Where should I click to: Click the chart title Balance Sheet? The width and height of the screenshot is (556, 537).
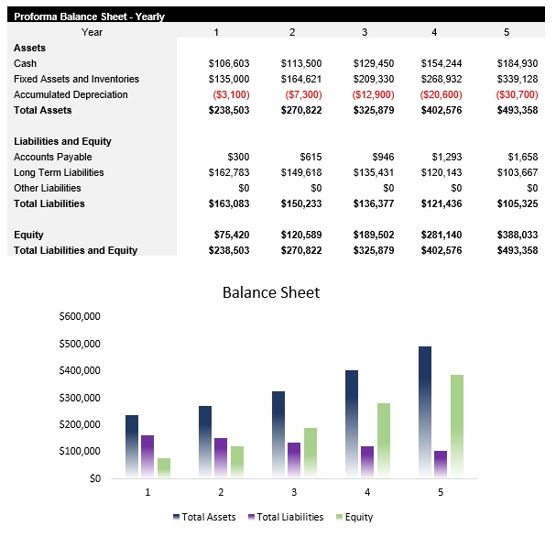(x=271, y=293)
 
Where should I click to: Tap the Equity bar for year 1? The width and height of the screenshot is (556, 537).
(x=164, y=467)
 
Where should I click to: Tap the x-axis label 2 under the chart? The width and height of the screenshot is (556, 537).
(x=220, y=492)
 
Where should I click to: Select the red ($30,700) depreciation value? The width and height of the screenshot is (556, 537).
(x=517, y=94)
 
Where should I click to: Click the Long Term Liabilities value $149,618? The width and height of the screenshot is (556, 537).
(x=300, y=172)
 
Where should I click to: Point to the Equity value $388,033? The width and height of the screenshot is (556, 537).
(x=517, y=235)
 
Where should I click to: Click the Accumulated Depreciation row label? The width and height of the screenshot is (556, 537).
(x=71, y=94)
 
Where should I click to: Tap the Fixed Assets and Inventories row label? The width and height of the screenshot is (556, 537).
(x=76, y=79)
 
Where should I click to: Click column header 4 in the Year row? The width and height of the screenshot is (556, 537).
(x=434, y=32)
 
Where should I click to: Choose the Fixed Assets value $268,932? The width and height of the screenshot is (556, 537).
(x=445, y=79)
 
